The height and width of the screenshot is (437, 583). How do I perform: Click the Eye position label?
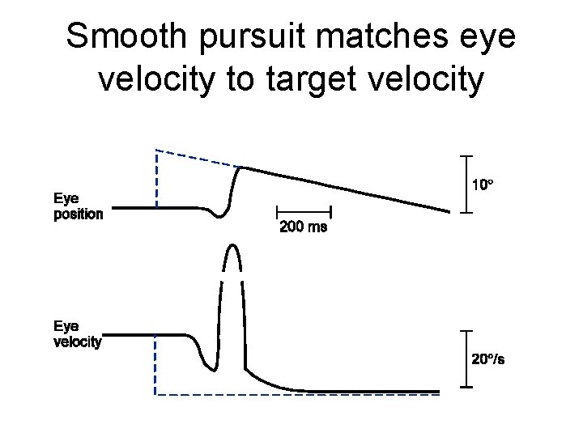point(78,206)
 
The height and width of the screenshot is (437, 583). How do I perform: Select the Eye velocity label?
point(78,333)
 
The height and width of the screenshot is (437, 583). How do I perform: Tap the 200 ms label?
point(303,227)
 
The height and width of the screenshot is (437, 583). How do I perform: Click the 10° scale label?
point(483,185)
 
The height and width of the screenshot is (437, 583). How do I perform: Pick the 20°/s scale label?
point(488,359)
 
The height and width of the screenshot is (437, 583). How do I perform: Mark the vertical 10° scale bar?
point(462,184)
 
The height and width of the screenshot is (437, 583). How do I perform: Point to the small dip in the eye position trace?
point(218,216)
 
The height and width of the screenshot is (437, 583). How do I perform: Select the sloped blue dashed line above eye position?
point(198,159)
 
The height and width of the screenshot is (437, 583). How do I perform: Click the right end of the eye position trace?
point(448,212)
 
